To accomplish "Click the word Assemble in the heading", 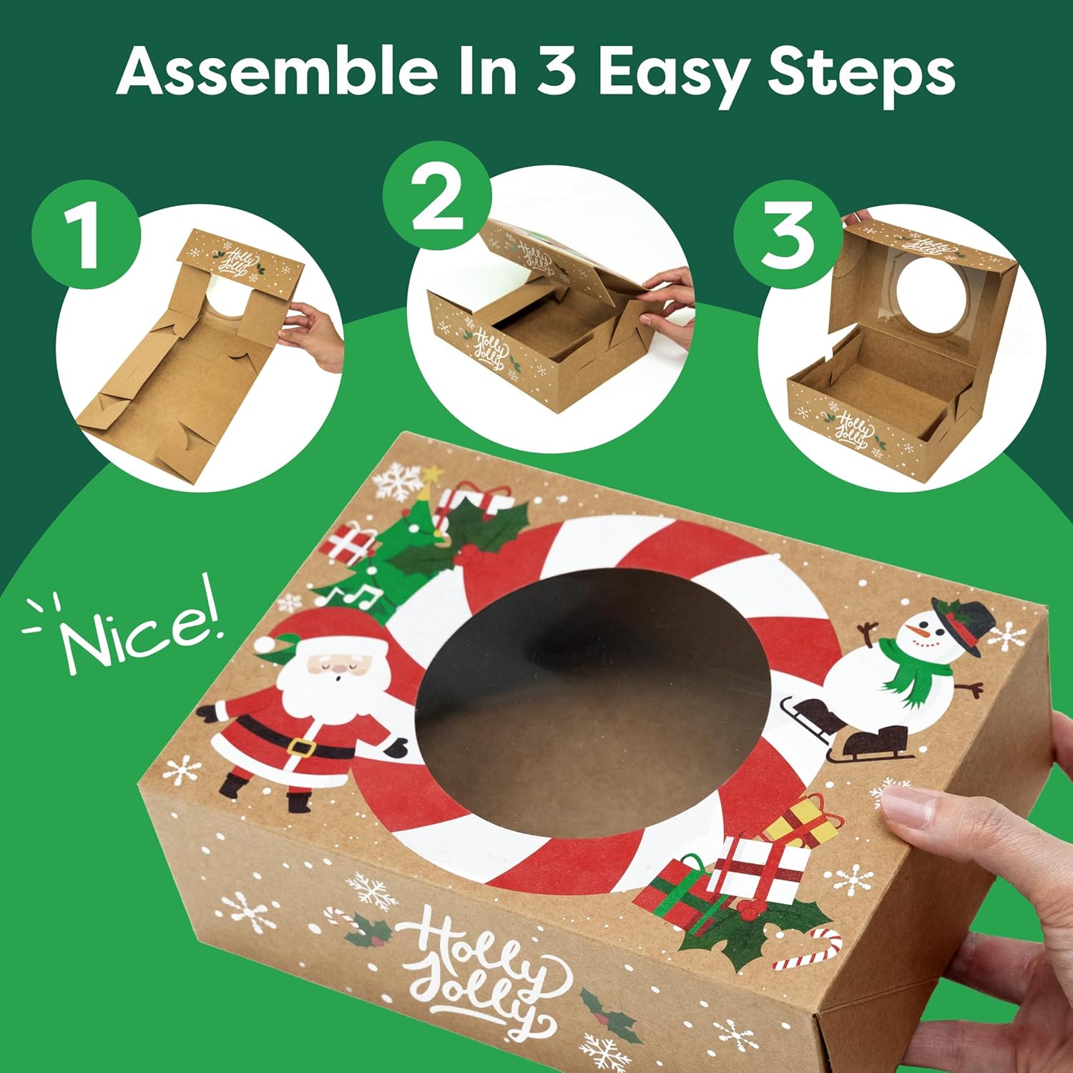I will tap(277, 72).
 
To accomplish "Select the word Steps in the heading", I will tap(861, 73).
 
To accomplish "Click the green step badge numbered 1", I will tap(85, 234).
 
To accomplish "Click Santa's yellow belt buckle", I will tap(302, 748).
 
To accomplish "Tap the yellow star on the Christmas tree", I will tap(431, 474).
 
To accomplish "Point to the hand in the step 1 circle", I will tap(315, 336).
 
